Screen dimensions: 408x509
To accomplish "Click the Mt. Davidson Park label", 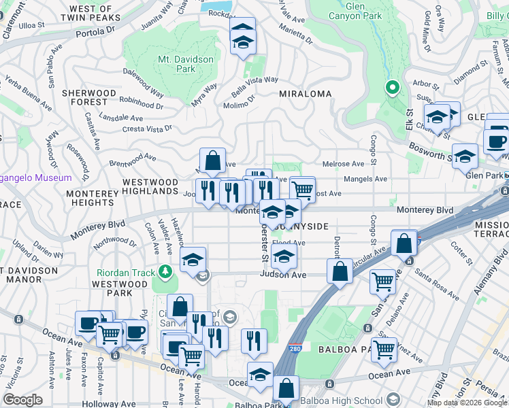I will [186, 64].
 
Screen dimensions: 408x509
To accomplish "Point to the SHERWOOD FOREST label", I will [88, 97].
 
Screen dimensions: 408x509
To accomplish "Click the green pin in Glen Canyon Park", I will [392, 88].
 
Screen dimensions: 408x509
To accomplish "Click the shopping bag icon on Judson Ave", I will [340, 270].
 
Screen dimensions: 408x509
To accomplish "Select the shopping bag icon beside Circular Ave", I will [404, 242].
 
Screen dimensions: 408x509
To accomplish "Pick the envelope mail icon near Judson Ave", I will [202, 275].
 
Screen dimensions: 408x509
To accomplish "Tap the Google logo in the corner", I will [23, 400].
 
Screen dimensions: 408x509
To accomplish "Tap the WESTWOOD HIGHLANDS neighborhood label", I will [150, 187].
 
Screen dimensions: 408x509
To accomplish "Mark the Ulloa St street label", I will [32, 24].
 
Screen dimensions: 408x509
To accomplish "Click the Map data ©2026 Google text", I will [467, 403].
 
